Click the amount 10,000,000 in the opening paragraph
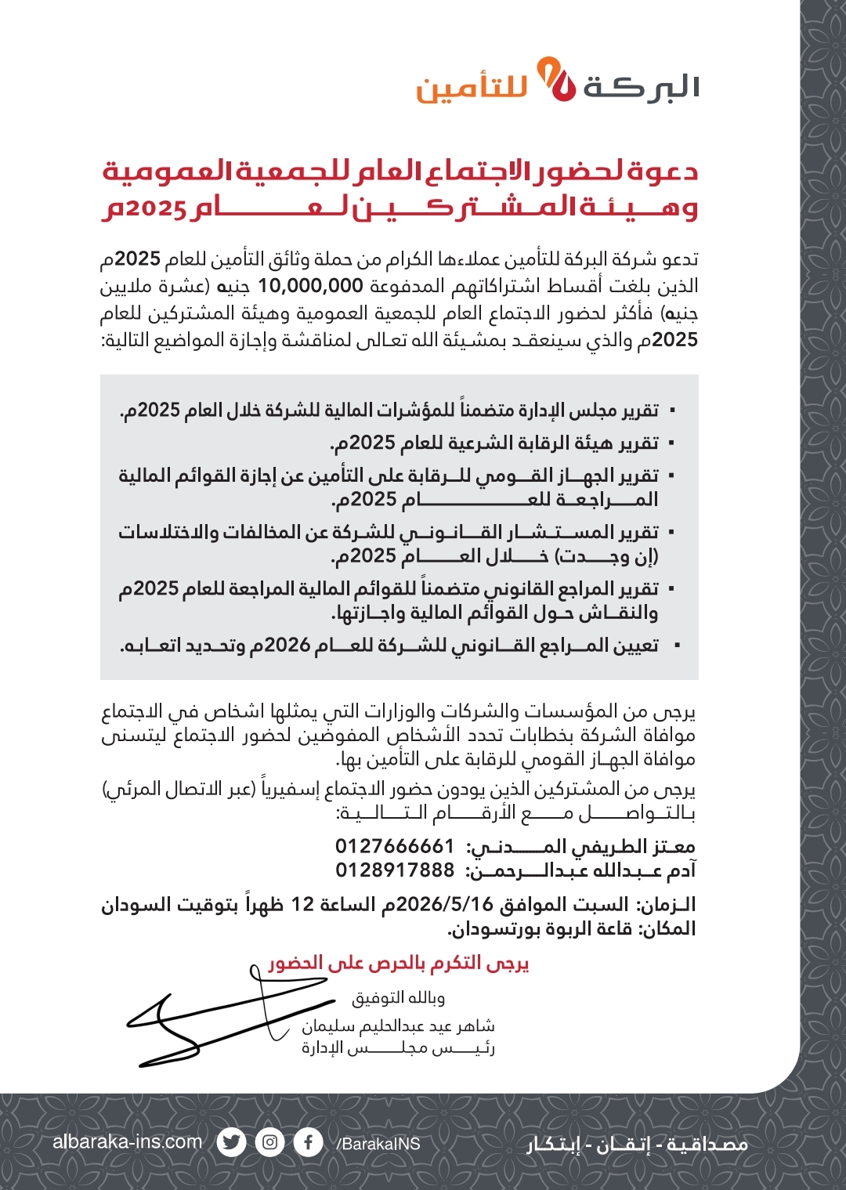point(310,286)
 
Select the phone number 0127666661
point(395,846)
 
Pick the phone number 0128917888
point(395,870)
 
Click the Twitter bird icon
point(231,1142)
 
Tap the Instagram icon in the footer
point(269,1142)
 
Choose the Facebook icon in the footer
point(309,1142)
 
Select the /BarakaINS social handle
point(378,1144)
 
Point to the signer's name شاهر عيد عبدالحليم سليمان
point(399,1025)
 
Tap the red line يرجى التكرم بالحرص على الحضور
point(399,963)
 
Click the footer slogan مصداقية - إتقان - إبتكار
point(637,1145)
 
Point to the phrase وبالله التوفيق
point(399,998)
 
